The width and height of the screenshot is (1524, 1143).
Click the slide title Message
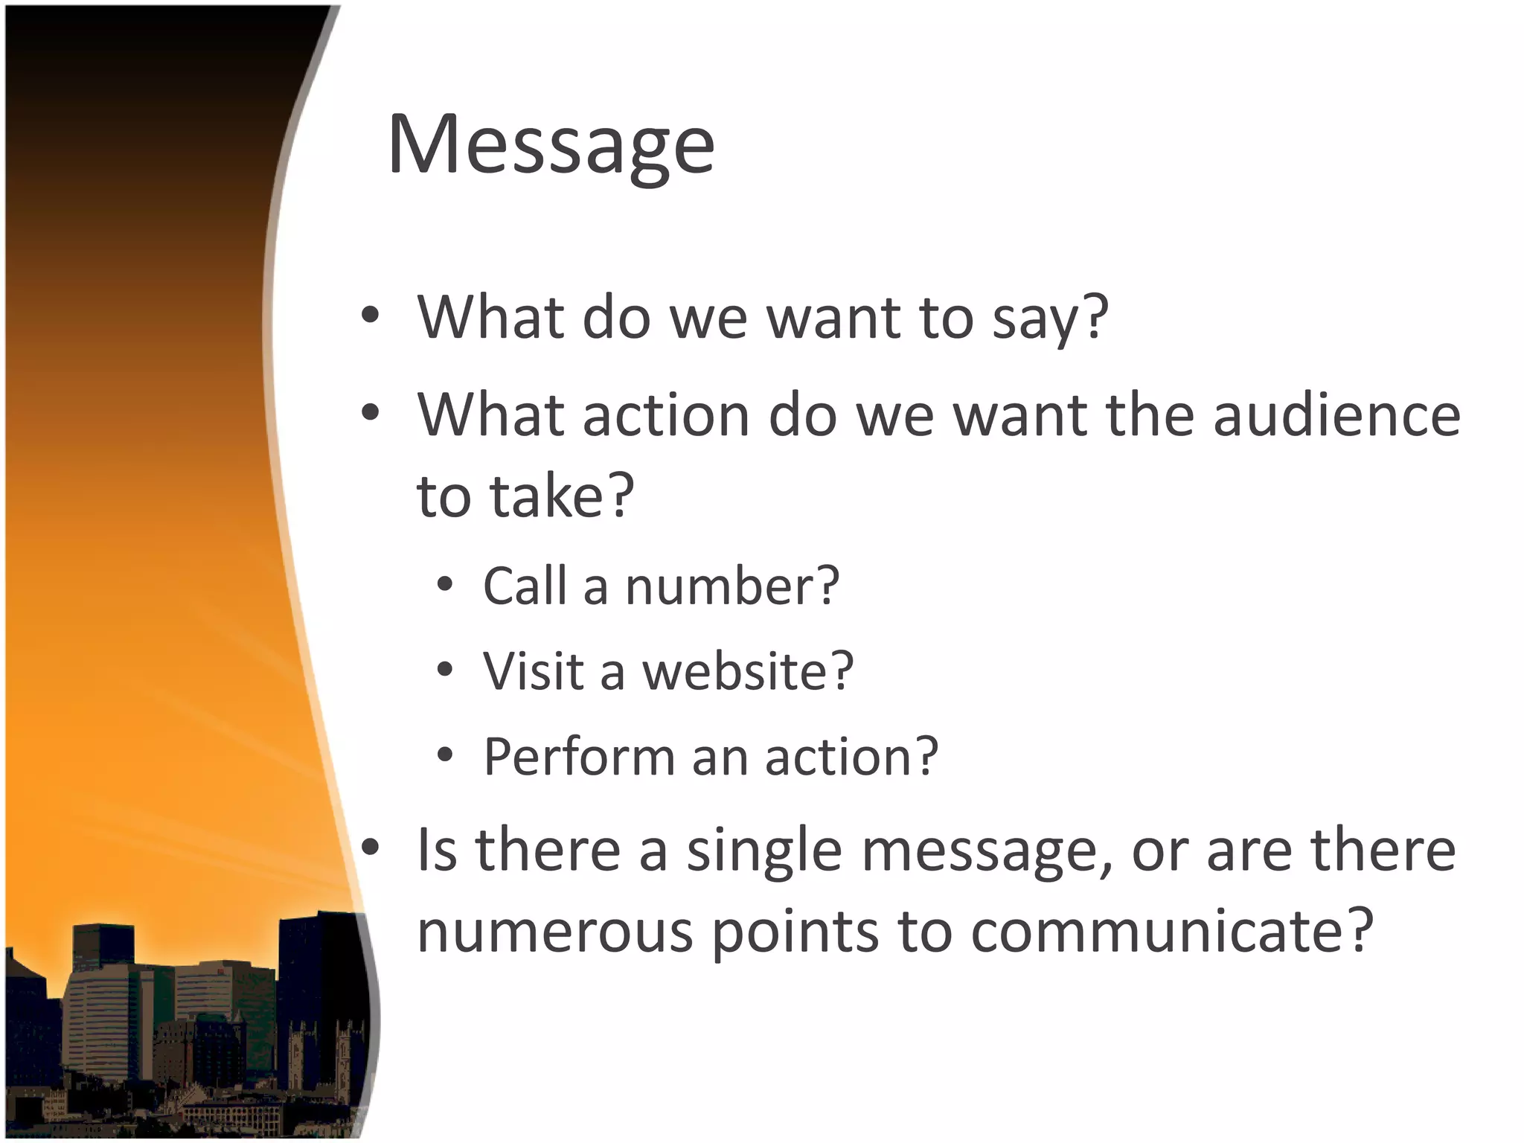[551, 145]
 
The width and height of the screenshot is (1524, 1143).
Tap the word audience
[1336, 415]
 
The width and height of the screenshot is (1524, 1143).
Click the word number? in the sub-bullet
[732, 586]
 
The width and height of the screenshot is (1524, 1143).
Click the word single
[763, 851]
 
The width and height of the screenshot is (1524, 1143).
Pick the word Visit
[533, 671]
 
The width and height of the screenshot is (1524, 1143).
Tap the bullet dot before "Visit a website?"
[445, 670]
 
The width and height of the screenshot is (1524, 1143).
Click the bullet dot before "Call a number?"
[445, 586]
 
